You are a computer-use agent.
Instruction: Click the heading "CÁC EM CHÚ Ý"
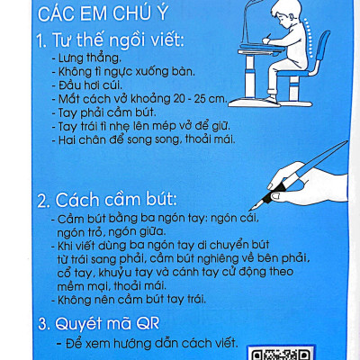[x=103, y=13]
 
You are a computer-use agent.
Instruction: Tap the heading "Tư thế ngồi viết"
[x=117, y=40]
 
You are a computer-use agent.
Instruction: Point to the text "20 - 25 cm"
[x=199, y=99]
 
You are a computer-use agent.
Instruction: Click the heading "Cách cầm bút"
[x=115, y=200]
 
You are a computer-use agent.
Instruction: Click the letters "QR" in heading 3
[x=148, y=324]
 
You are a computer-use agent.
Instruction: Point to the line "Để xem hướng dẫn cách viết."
[x=152, y=343]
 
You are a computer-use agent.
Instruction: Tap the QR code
[x=280, y=353]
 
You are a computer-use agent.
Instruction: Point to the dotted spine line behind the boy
[x=309, y=38]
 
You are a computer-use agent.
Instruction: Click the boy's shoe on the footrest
[x=273, y=99]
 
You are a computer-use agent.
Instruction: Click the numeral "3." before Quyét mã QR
[x=44, y=325]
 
